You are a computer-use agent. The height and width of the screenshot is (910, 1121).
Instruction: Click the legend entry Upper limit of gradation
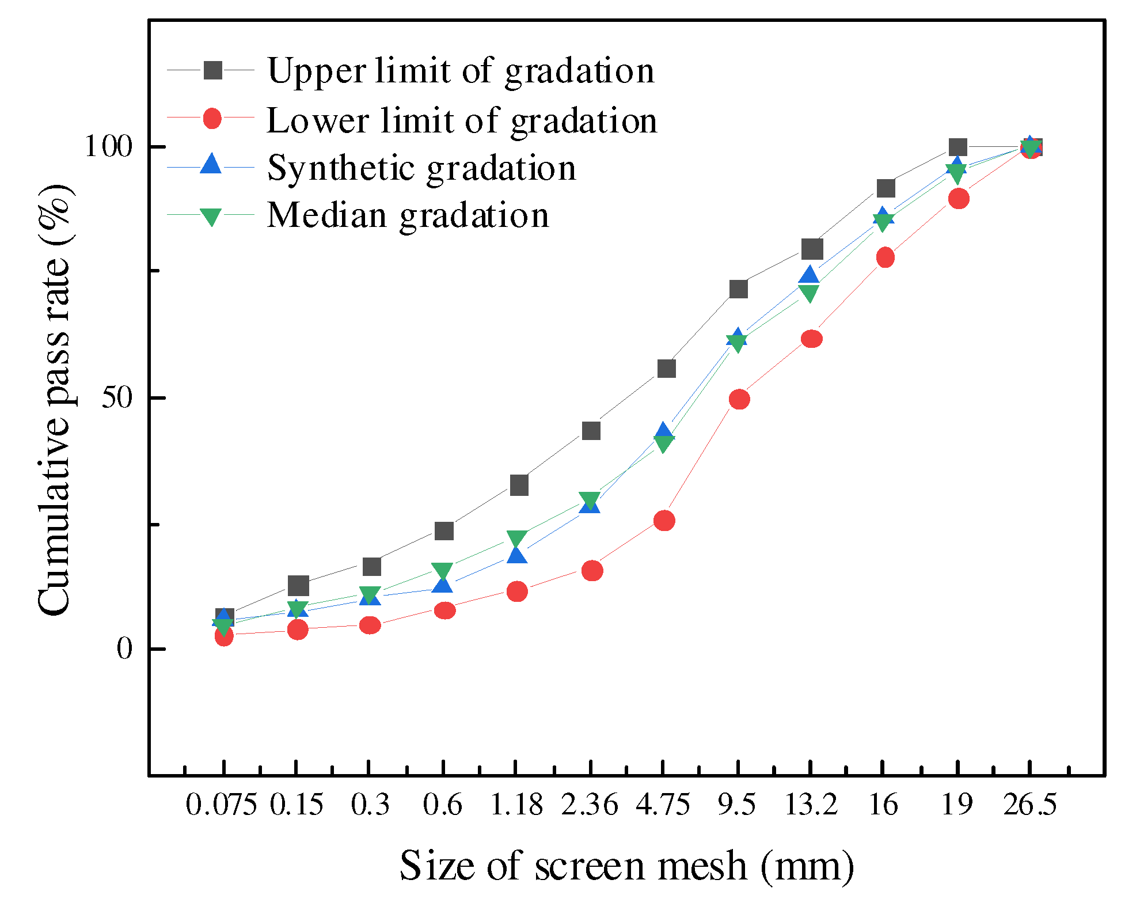click(461, 71)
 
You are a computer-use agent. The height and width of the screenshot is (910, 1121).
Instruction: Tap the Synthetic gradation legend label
click(421, 168)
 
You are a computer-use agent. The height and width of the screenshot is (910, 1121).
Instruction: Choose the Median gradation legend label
click(408, 215)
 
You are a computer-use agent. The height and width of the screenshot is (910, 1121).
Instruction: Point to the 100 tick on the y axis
click(108, 146)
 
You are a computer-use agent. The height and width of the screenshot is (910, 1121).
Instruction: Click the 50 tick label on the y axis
click(117, 397)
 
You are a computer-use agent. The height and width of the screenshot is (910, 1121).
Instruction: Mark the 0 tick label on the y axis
click(125, 649)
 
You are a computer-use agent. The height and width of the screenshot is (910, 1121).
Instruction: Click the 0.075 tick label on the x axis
click(221, 805)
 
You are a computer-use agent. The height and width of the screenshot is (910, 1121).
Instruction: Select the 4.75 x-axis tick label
click(663, 805)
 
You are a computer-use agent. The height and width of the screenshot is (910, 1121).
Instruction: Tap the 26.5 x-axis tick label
click(1030, 805)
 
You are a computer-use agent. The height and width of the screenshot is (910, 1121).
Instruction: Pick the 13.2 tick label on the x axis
click(811, 805)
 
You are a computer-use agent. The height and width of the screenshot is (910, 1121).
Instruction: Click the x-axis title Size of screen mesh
click(626, 866)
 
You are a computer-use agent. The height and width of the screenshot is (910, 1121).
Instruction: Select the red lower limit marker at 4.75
click(664, 521)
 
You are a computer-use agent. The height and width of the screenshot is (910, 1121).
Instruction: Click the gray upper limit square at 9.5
click(738, 289)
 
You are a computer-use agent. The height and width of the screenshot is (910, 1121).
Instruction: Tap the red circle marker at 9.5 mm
click(739, 399)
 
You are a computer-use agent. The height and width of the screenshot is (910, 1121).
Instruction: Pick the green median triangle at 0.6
click(443, 571)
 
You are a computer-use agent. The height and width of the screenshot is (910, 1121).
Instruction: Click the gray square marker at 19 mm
click(957, 147)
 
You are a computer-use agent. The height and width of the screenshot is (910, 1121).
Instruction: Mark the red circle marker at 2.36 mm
click(592, 571)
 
